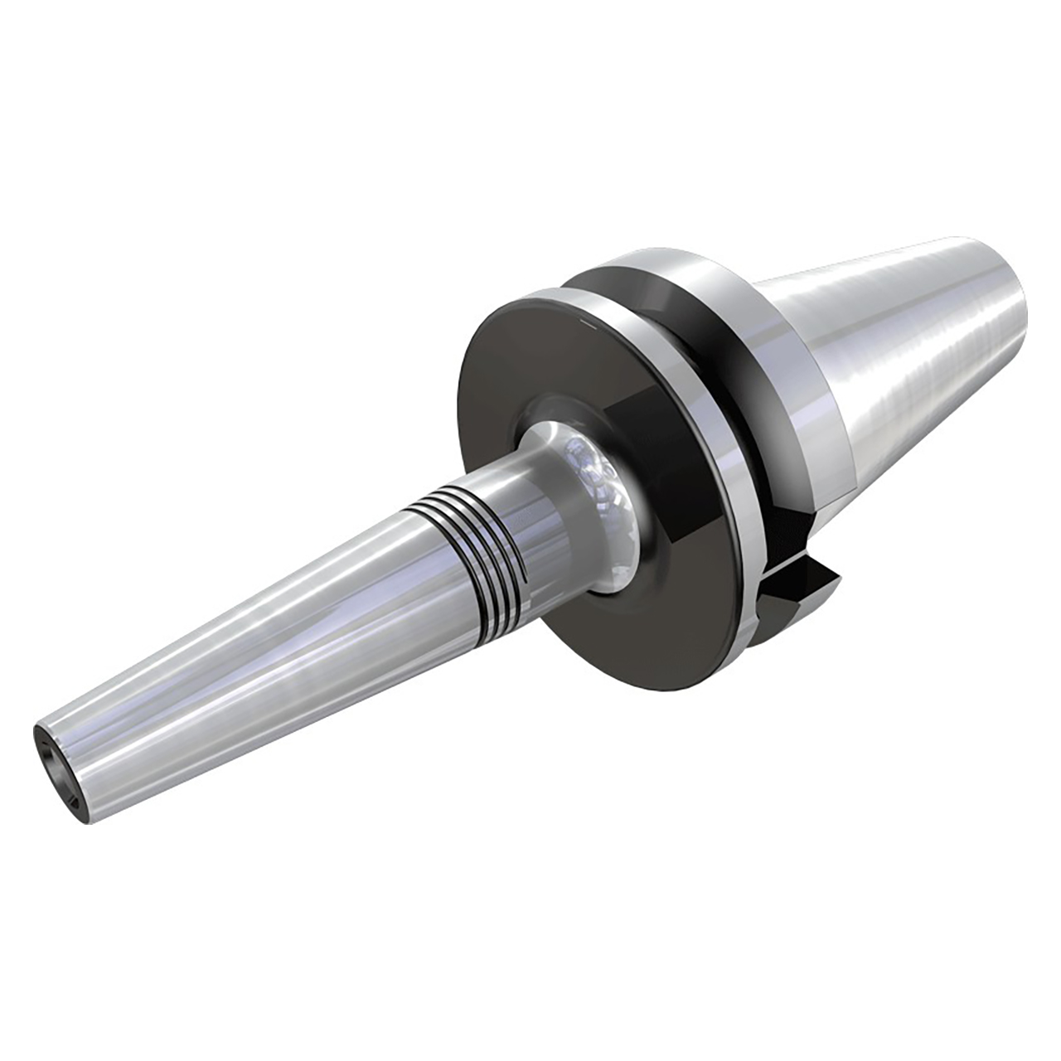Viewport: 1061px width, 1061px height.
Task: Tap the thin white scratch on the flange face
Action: [585, 317]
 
